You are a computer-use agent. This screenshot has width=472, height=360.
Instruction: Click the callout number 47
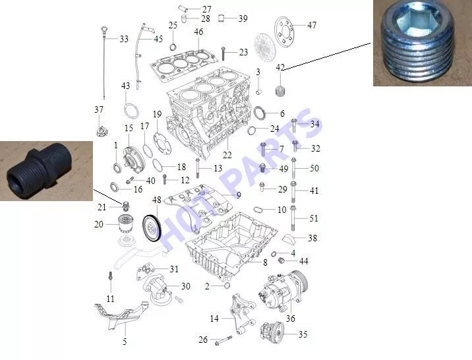(312, 25)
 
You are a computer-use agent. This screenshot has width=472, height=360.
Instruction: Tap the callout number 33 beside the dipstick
(124, 39)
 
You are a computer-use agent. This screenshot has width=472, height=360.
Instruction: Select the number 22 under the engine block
(227, 155)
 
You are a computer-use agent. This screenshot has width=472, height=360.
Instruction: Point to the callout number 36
(290, 318)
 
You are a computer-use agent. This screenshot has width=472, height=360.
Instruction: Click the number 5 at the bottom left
(125, 342)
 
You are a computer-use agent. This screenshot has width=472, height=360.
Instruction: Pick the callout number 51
(314, 218)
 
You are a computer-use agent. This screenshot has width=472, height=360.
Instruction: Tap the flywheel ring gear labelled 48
(152, 228)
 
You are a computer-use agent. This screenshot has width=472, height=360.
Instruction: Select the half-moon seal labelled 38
(287, 239)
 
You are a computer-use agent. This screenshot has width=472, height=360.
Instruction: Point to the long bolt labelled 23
(223, 53)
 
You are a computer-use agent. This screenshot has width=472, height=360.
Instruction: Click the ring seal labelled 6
(260, 113)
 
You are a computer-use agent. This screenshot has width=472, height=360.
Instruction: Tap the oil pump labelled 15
(132, 160)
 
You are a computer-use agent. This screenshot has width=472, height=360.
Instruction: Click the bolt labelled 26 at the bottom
(223, 340)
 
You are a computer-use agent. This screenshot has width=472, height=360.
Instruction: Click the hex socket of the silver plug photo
(419, 22)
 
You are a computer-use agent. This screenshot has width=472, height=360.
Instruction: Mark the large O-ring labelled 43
(131, 111)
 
